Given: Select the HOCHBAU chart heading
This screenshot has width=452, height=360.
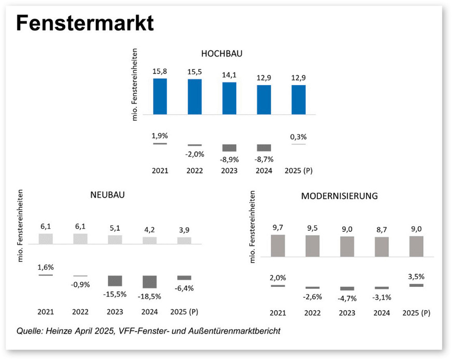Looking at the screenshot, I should (222, 53).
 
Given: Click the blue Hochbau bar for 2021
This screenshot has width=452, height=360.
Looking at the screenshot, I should (160, 96).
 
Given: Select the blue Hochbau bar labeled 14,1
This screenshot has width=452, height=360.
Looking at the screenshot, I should (229, 98).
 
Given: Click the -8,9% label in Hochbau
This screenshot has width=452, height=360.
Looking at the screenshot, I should (229, 160).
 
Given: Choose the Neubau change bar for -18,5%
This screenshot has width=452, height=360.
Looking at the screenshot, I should (150, 281).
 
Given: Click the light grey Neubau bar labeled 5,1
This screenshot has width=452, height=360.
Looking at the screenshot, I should (115, 239).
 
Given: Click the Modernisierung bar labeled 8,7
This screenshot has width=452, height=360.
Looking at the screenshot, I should (382, 246).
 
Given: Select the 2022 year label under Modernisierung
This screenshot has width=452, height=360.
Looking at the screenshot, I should (313, 313).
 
